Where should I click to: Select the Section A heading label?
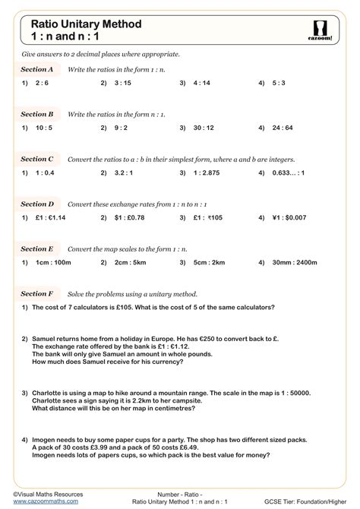[x=37, y=69]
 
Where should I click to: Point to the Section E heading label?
[x=37, y=248]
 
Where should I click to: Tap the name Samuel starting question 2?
[x=45, y=338]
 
